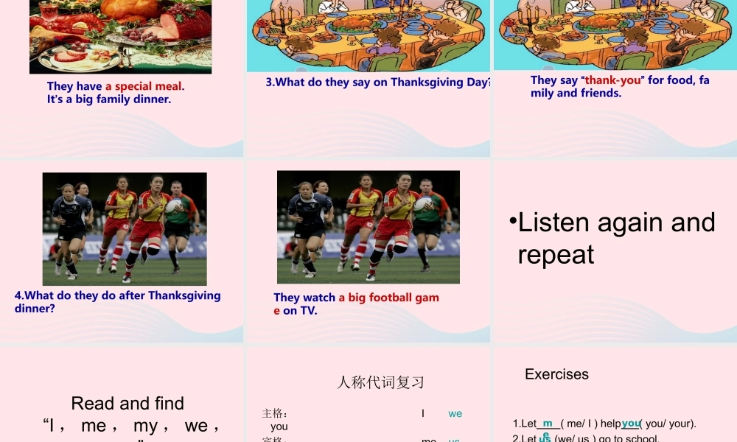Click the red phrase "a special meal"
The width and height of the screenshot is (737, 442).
[x=144, y=86]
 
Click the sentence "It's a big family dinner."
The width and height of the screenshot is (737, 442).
[x=109, y=99]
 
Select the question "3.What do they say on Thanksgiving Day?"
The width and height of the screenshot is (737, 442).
[x=378, y=83]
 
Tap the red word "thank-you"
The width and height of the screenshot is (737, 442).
[x=613, y=80]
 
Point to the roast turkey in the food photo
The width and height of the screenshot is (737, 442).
[x=130, y=9]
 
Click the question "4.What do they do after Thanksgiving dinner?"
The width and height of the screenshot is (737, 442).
[x=117, y=301]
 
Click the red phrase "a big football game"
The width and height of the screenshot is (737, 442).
[x=388, y=298]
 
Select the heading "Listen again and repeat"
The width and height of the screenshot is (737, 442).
[x=616, y=238]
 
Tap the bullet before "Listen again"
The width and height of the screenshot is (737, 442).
[x=513, y=222]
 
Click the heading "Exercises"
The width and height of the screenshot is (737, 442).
[x=556, y=374]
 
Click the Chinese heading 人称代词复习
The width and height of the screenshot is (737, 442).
[x=380, y=382]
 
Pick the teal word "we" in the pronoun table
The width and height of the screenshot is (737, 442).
[x=455, y=413]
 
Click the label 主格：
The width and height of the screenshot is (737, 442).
[x=274, y=413]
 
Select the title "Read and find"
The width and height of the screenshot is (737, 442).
[x=128, y=403]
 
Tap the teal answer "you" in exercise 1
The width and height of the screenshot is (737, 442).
[x=630, y=423]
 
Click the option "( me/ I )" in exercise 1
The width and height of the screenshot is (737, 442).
[x=580, y=424]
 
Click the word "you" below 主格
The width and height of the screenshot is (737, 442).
[x=279, y=427]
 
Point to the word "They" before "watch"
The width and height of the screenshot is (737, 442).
[x=287, y=298]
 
